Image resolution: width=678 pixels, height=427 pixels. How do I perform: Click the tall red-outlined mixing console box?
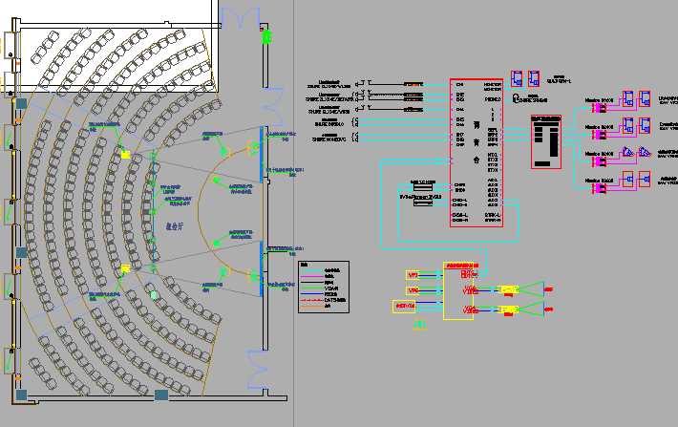click(x=477, y=153)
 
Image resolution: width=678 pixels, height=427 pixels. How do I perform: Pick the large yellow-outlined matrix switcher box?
click(x=458, y=291)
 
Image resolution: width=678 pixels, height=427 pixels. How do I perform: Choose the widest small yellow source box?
click(x=404, y=306)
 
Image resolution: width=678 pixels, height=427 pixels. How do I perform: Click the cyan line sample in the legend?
click(x=307, y=276)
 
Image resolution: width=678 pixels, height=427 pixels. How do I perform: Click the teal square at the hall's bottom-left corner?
click(x=20, y=394)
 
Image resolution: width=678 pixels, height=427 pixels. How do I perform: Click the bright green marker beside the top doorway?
click(x=266, y=37)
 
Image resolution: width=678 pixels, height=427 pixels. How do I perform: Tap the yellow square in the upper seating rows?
click(x=124, y=154)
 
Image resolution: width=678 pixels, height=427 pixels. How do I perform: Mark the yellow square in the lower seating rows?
click(x=124, y=269)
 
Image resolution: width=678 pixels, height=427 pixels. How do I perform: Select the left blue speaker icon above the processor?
click(x=517, y=78)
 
